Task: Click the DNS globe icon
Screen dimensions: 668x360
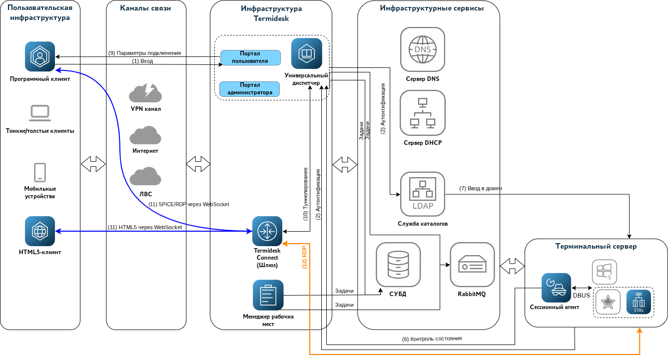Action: tap(423, 49)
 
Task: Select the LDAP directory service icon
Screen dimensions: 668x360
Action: tap(423, 194)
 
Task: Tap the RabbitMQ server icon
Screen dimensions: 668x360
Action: tap(472, 265)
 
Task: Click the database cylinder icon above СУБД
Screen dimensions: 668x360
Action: tap(398, 265)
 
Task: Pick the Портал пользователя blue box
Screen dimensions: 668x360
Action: tap(250, 57)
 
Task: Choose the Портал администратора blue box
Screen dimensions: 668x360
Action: tap(250, 89)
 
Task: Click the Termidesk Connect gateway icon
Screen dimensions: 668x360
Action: tap(267, 231)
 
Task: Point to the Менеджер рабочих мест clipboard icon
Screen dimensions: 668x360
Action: tap(268, 295)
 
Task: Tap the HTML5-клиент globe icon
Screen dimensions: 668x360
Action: tap(40, 231)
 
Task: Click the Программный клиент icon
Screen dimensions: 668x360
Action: tap(40, 56)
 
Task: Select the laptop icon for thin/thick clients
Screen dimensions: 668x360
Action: tap(40, 113)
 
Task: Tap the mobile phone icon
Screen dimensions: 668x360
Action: tap(40, 172)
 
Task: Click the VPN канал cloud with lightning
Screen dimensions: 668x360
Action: tap(145, 93)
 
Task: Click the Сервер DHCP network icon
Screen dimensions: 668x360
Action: tap(423, 113)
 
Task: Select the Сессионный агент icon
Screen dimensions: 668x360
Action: tap(556, 288)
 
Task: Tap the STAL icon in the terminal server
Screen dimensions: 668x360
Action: tap(639, 302)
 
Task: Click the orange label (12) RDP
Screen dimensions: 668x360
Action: tap(304, 258)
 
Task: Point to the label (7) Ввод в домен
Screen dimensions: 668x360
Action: tap(481, 188)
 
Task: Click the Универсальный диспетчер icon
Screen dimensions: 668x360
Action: tap(307, 53)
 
